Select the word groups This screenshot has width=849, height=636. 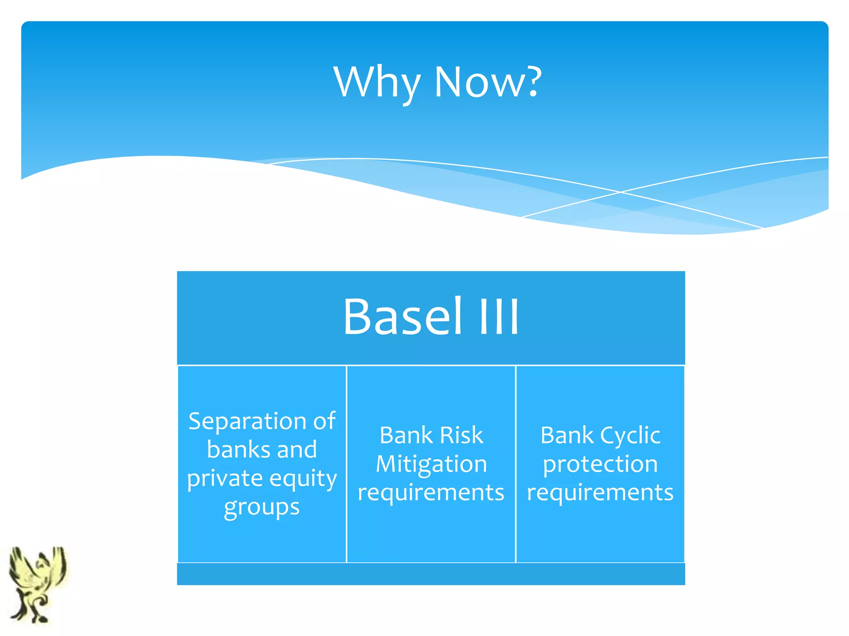pyautogui.click(x=262, y=508)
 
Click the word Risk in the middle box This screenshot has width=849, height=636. pyautogui.click(x=461, y=435)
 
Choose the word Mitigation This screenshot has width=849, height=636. pyautogui.click(x=431, y=465)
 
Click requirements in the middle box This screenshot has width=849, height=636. pyautogui.click(x=431, y=493)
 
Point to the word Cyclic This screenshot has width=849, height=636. pyautogui.click(x=630, y=436)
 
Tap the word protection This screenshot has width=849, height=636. pyautogui.click(x=600, y=465)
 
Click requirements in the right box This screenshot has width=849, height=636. pyautogui.click(x=600, y=493)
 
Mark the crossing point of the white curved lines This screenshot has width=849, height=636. pyautogui.click(x=620, y=192)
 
